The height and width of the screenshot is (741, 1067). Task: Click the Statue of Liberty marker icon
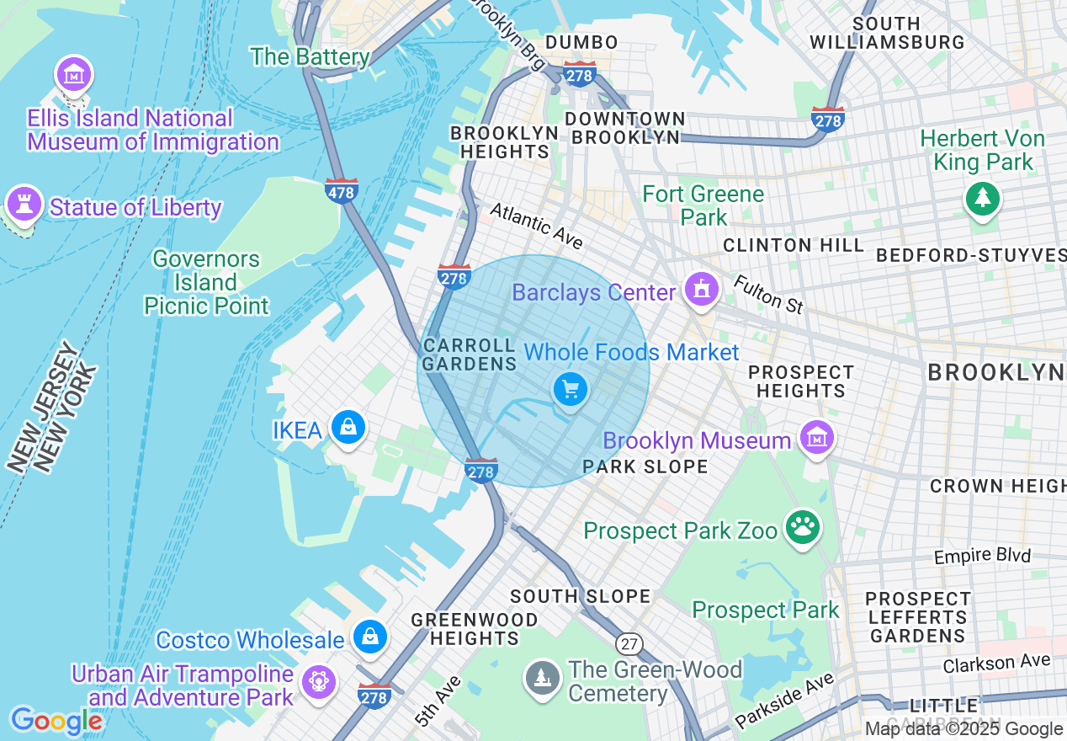coord(24,203)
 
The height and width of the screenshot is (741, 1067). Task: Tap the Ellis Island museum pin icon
coord(74,75)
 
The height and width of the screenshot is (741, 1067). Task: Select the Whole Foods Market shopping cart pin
coord(571,390)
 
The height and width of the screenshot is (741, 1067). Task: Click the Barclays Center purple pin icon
coord(700,289)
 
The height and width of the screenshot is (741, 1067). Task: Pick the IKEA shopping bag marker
coord(348,427)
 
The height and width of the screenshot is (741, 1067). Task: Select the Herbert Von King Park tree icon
coord(982,199)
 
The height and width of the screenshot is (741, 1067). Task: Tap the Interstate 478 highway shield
coord(342,191)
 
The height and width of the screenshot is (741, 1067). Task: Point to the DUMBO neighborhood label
coord(581,42)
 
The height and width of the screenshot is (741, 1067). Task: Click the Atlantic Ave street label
coord(537,226)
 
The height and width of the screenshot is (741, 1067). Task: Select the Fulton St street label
coord(767,294)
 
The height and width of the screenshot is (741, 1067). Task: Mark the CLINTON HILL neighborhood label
coord(794,245)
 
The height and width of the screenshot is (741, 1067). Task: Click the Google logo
coord(56,721)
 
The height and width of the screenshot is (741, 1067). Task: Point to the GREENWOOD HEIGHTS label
coord(475,629)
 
